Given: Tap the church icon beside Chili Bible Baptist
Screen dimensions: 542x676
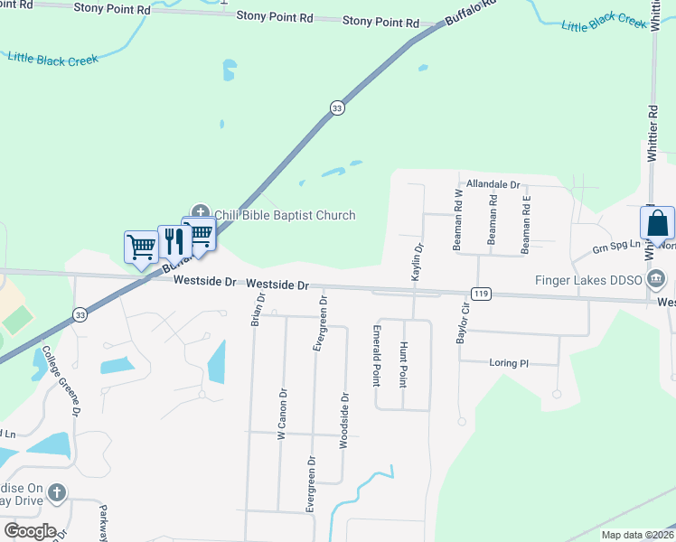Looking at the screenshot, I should click(201, 214).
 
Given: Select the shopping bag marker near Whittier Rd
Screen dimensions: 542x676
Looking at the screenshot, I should click(657, 223).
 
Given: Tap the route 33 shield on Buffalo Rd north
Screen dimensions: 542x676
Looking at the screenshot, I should click(337, 107).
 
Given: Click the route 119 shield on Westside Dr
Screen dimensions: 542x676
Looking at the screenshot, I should click(480, 294).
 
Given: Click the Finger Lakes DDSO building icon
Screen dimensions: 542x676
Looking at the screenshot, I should click(657, 279).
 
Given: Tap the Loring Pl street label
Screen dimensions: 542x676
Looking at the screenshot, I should click(509, 363).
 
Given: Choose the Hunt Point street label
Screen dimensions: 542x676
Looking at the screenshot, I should click(403, 363).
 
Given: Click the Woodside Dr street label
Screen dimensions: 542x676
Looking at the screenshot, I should click(343, 420).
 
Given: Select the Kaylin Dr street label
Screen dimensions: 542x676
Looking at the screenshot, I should click(418, 260).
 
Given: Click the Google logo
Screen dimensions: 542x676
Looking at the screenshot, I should click(30, 530).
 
